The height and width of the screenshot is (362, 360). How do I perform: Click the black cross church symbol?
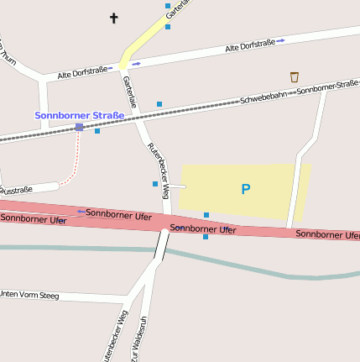pos(114,17)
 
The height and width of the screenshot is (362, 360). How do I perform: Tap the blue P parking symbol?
pos(246,190)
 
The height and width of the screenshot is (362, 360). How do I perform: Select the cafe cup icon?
pos(294,76)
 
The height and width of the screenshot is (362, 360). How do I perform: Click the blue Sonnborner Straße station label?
pos(79,115)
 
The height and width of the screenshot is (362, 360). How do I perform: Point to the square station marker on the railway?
pos(79,127)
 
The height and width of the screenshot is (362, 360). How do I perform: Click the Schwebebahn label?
pos(263,97)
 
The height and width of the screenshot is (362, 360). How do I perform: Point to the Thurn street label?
pos(8,54)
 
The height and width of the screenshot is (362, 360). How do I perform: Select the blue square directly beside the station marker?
pos(97,130)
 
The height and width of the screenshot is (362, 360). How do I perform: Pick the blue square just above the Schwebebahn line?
pos(159,104)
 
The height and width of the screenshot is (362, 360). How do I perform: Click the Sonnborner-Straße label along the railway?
pos(327,86)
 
